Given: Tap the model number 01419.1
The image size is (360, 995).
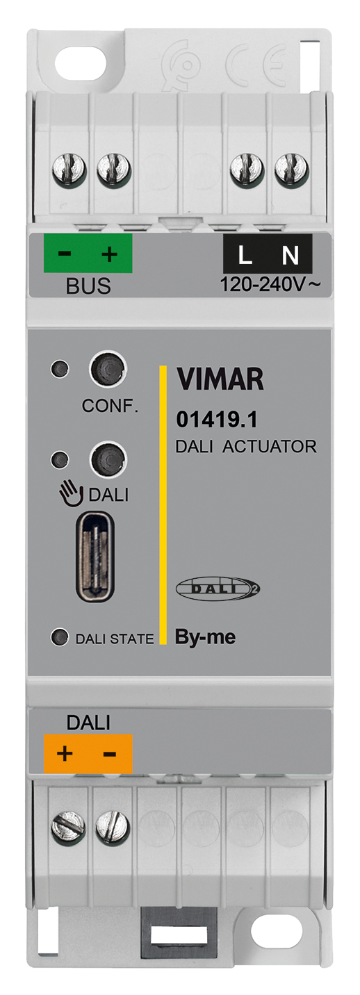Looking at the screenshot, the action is [x=216, y=420].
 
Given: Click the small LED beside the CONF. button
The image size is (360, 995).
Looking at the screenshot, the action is [x=60, y=369].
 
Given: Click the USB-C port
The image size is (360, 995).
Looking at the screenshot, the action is [x=95, y=557].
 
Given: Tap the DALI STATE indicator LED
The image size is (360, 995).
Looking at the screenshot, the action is [x=60, y=638].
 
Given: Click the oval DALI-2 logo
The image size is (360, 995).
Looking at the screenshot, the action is [x=218, y=589].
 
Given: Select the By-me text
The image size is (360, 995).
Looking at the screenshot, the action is [x=205, y=637].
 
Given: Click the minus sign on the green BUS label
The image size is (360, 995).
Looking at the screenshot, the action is [x=65, y=253].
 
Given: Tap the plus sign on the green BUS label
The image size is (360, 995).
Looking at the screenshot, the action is [x=110, y=254].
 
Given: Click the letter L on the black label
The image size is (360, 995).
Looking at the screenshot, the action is [x=245, y=255].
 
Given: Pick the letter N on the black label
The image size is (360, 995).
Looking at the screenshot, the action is [x=291, y=255].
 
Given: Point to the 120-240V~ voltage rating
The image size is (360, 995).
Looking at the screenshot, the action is [x=270, y=284].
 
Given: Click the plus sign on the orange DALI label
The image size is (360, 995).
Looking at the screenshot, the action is [x=65, y=753].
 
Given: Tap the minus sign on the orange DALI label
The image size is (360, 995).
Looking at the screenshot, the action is [x=110, y=754].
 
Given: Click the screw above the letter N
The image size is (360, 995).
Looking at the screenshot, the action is [x=292, y=170].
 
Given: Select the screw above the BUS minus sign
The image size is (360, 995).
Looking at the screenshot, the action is [x=69, y=170].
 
